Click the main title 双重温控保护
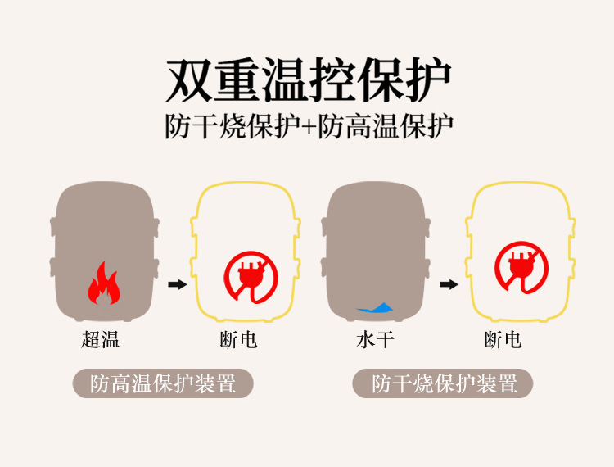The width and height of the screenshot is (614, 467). click(x=308, y=80)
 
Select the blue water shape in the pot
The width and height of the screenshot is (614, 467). click(x=375, y=308)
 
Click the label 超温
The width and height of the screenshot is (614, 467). click(x=101, y=339)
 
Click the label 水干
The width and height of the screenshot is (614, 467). click(x=376, y=339)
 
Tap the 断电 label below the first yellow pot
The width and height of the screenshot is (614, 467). click(x=239, y=339)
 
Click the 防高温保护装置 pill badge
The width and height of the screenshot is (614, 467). click(x=163, y=383)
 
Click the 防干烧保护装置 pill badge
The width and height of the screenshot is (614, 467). click(x=443, y=383)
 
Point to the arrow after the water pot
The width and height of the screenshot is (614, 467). click(x=448, y=284)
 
